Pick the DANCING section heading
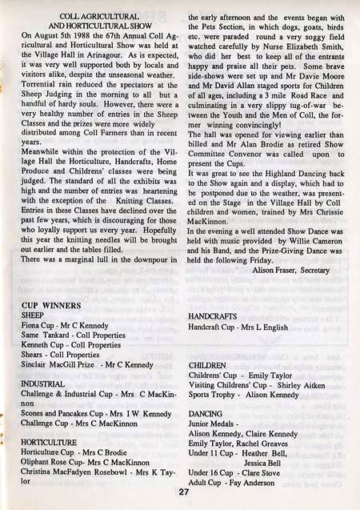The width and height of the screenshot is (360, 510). click(x=206, y=413)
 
